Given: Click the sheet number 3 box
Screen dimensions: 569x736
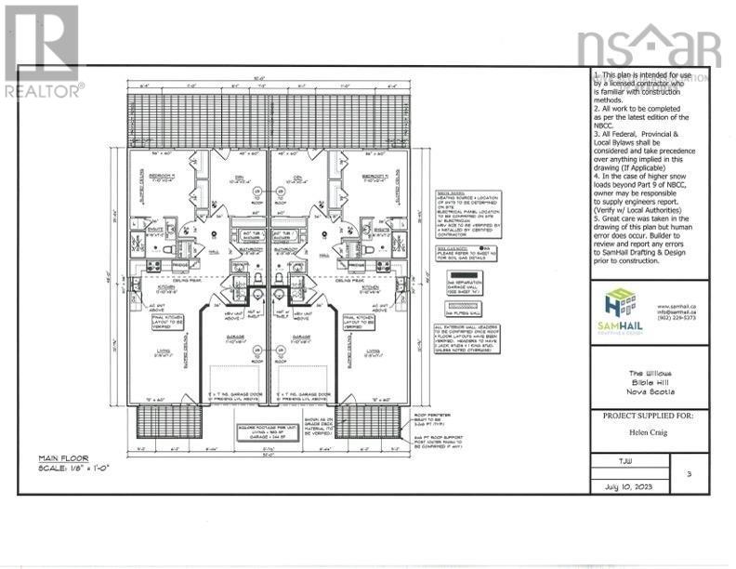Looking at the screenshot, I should tap(688, 473).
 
